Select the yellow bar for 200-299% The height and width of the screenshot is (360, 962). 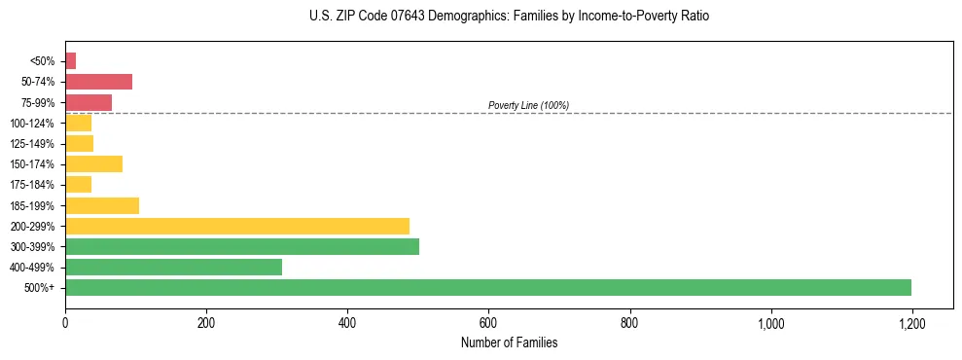[237, 226]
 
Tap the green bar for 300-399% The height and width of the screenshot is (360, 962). [242, 246]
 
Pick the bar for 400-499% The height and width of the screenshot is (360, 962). [173, 267]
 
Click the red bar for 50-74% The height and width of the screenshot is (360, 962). [98, 82]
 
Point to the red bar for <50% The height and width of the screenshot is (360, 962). [71, 61]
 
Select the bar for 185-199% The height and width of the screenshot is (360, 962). [102, 205]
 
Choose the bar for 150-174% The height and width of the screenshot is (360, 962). [93, 163]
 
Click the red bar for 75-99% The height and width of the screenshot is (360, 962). [89, 102]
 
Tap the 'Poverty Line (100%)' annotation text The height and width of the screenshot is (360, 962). [528, 105]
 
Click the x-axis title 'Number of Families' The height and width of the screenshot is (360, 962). [509, 342]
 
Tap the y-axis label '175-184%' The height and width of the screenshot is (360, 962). [32, 185]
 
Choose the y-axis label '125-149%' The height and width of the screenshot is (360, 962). [32, 144]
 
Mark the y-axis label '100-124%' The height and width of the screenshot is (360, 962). [32, 124]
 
